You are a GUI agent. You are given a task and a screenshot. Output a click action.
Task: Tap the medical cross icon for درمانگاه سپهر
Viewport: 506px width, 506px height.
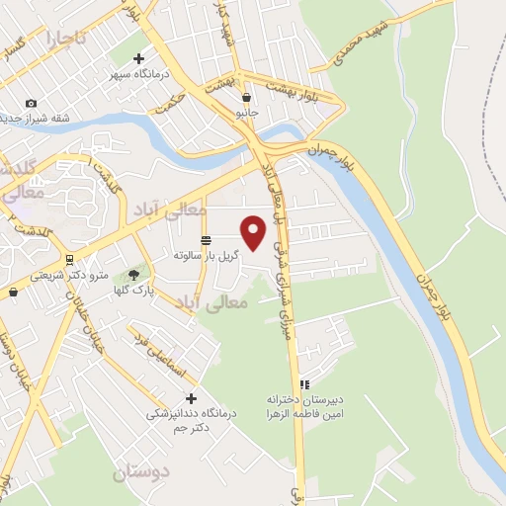click(x=139, y=57)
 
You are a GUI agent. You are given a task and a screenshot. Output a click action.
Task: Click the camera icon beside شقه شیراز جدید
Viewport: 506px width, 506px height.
click(x=31, y=104)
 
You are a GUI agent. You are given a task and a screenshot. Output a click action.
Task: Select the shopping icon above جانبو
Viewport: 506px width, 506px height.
click(x=245, y=98)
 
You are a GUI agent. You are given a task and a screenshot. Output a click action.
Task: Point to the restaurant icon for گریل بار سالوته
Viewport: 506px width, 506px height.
click(x=206, y=240)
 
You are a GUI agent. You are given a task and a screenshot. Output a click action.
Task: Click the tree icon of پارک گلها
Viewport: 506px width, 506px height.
click(x=132, y=276)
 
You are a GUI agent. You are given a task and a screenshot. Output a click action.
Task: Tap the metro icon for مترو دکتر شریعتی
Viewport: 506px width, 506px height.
click(x=68, y=260)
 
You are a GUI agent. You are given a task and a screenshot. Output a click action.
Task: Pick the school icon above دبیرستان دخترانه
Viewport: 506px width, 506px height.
click(x=305, y=383)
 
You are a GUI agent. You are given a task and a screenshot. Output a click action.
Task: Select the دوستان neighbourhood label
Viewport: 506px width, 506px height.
click(x=140, y=471)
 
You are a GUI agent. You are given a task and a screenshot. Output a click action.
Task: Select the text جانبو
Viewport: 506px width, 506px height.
click(x=245, y=113)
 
